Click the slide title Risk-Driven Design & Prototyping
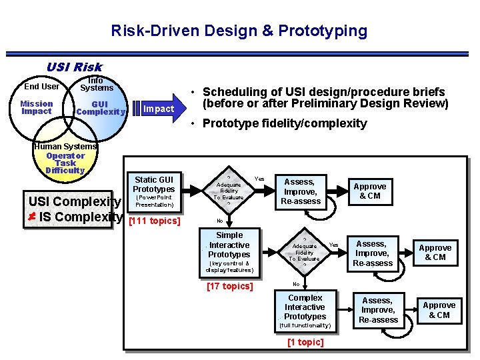pos(239,31)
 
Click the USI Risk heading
pos(74,67)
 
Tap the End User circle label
pos(41,86)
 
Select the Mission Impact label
pos(37,107)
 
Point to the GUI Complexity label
pos(100,108)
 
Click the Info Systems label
pos(96,84)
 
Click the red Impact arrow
pos(158,109)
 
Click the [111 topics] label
pos(154,221)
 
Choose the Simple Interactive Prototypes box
pos(229,251)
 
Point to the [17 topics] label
pos(229,286)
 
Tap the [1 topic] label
pos(305,342)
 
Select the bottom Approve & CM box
pos(439,310)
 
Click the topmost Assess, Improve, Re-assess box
pos(303,191)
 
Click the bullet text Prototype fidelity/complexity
pos(284,123)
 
